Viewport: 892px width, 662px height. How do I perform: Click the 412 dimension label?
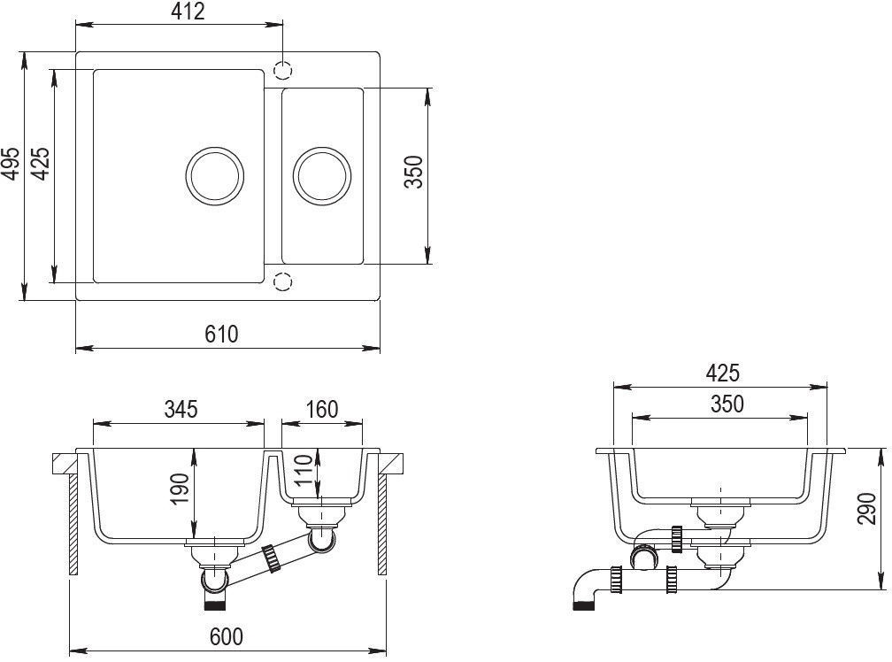point(188,12)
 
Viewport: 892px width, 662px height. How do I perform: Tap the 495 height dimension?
point(11,164)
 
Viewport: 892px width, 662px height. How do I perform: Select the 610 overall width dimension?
point(221,334)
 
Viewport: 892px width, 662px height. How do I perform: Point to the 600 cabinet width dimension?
point(227,636)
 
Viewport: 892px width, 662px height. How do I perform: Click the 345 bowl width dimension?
point(181,409)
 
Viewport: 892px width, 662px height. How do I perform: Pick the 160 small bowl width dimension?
point(322,409)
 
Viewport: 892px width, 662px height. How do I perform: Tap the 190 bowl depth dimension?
point(179,489)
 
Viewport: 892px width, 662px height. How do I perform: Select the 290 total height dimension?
point(866,508)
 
